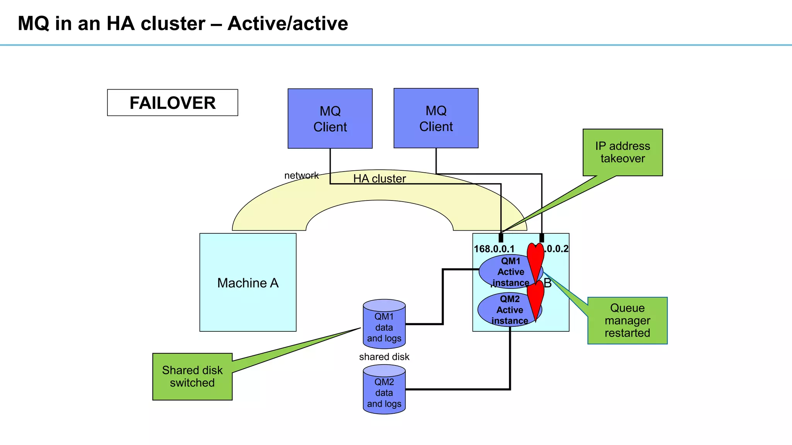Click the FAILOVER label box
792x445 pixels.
[172, 103]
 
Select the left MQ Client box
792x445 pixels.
[330, 119]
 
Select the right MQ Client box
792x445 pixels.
[436, 118]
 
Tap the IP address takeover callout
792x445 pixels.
[623, 152]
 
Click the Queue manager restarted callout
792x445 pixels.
[627, 321]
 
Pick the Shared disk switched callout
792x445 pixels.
[192, 377]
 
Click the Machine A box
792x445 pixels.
[248, 282]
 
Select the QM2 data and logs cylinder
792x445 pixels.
[384, 390]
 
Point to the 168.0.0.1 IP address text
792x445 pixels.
[494, 249]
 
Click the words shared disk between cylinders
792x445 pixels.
[384, 357]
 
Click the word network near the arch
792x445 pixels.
[301, 175]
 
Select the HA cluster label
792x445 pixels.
[379, 178]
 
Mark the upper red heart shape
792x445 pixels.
[536, 261]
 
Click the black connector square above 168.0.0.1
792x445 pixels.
[501, 238]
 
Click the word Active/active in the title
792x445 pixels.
[288, 24]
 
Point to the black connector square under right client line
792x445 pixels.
[541, 238]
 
